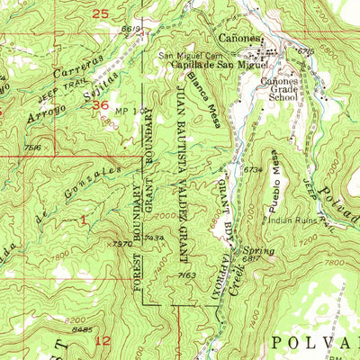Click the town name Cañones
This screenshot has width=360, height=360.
pyautogui.click(x=240, y=39)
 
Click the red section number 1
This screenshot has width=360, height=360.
pyautogui.click(x=83, y=220)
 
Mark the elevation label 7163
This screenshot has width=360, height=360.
pyautogui.click(x=187, y=274)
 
